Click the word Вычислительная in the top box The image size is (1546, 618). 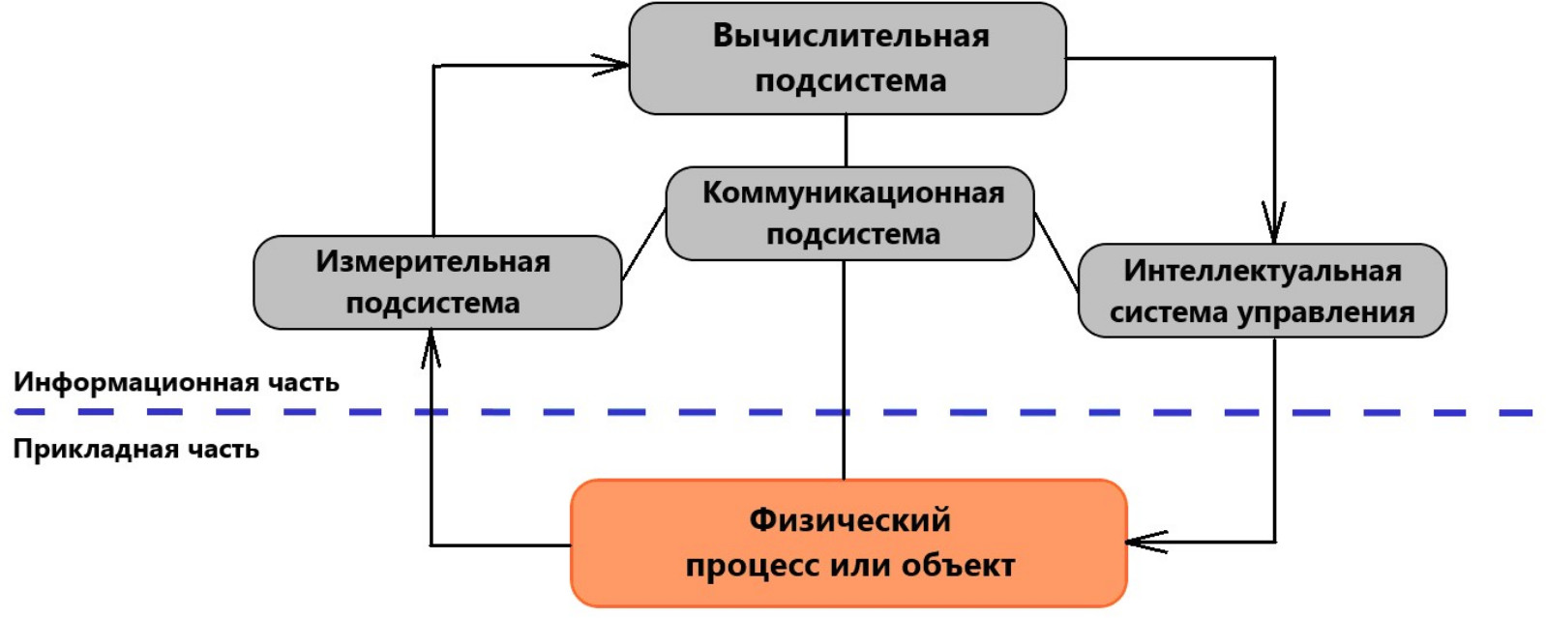[850, 37]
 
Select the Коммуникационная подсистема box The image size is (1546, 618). [850, 213]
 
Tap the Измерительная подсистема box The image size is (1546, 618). [436, 281]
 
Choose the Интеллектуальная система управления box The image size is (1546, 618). [1262, 290]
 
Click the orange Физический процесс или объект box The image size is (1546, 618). [848, 543]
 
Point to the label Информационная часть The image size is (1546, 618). [176, 382]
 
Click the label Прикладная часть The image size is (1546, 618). [135, 450]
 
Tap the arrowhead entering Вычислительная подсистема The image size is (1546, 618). [615, 66]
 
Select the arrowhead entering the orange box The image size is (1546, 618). [1144, 542]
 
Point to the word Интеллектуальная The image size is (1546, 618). [1262, 271]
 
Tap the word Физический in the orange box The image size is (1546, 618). [849, 520]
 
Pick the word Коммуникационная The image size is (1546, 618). [852, 192]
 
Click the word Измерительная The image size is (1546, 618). [432, 261]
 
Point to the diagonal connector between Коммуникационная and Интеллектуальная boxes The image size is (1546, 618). [1055, 251]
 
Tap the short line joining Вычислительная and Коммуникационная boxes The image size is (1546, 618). [847, 140]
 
